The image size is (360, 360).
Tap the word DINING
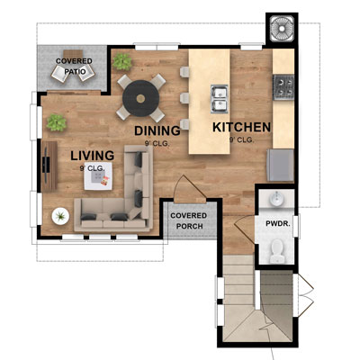pos(157,130)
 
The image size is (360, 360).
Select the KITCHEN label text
pos(241,128)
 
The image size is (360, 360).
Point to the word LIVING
pos(92,156)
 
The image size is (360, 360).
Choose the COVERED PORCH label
pos(188,221)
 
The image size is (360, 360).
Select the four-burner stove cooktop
pos(284,87)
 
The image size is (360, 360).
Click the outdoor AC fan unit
pos(281,29)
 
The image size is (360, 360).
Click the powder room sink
pos(275,198)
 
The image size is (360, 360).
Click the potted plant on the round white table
pos(61,216)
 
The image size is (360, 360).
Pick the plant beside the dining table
pos(121,61)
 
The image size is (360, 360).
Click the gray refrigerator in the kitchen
pos(280,164)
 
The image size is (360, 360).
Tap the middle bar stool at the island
pos(184,96)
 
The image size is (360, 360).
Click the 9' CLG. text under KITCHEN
pos(242,140)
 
